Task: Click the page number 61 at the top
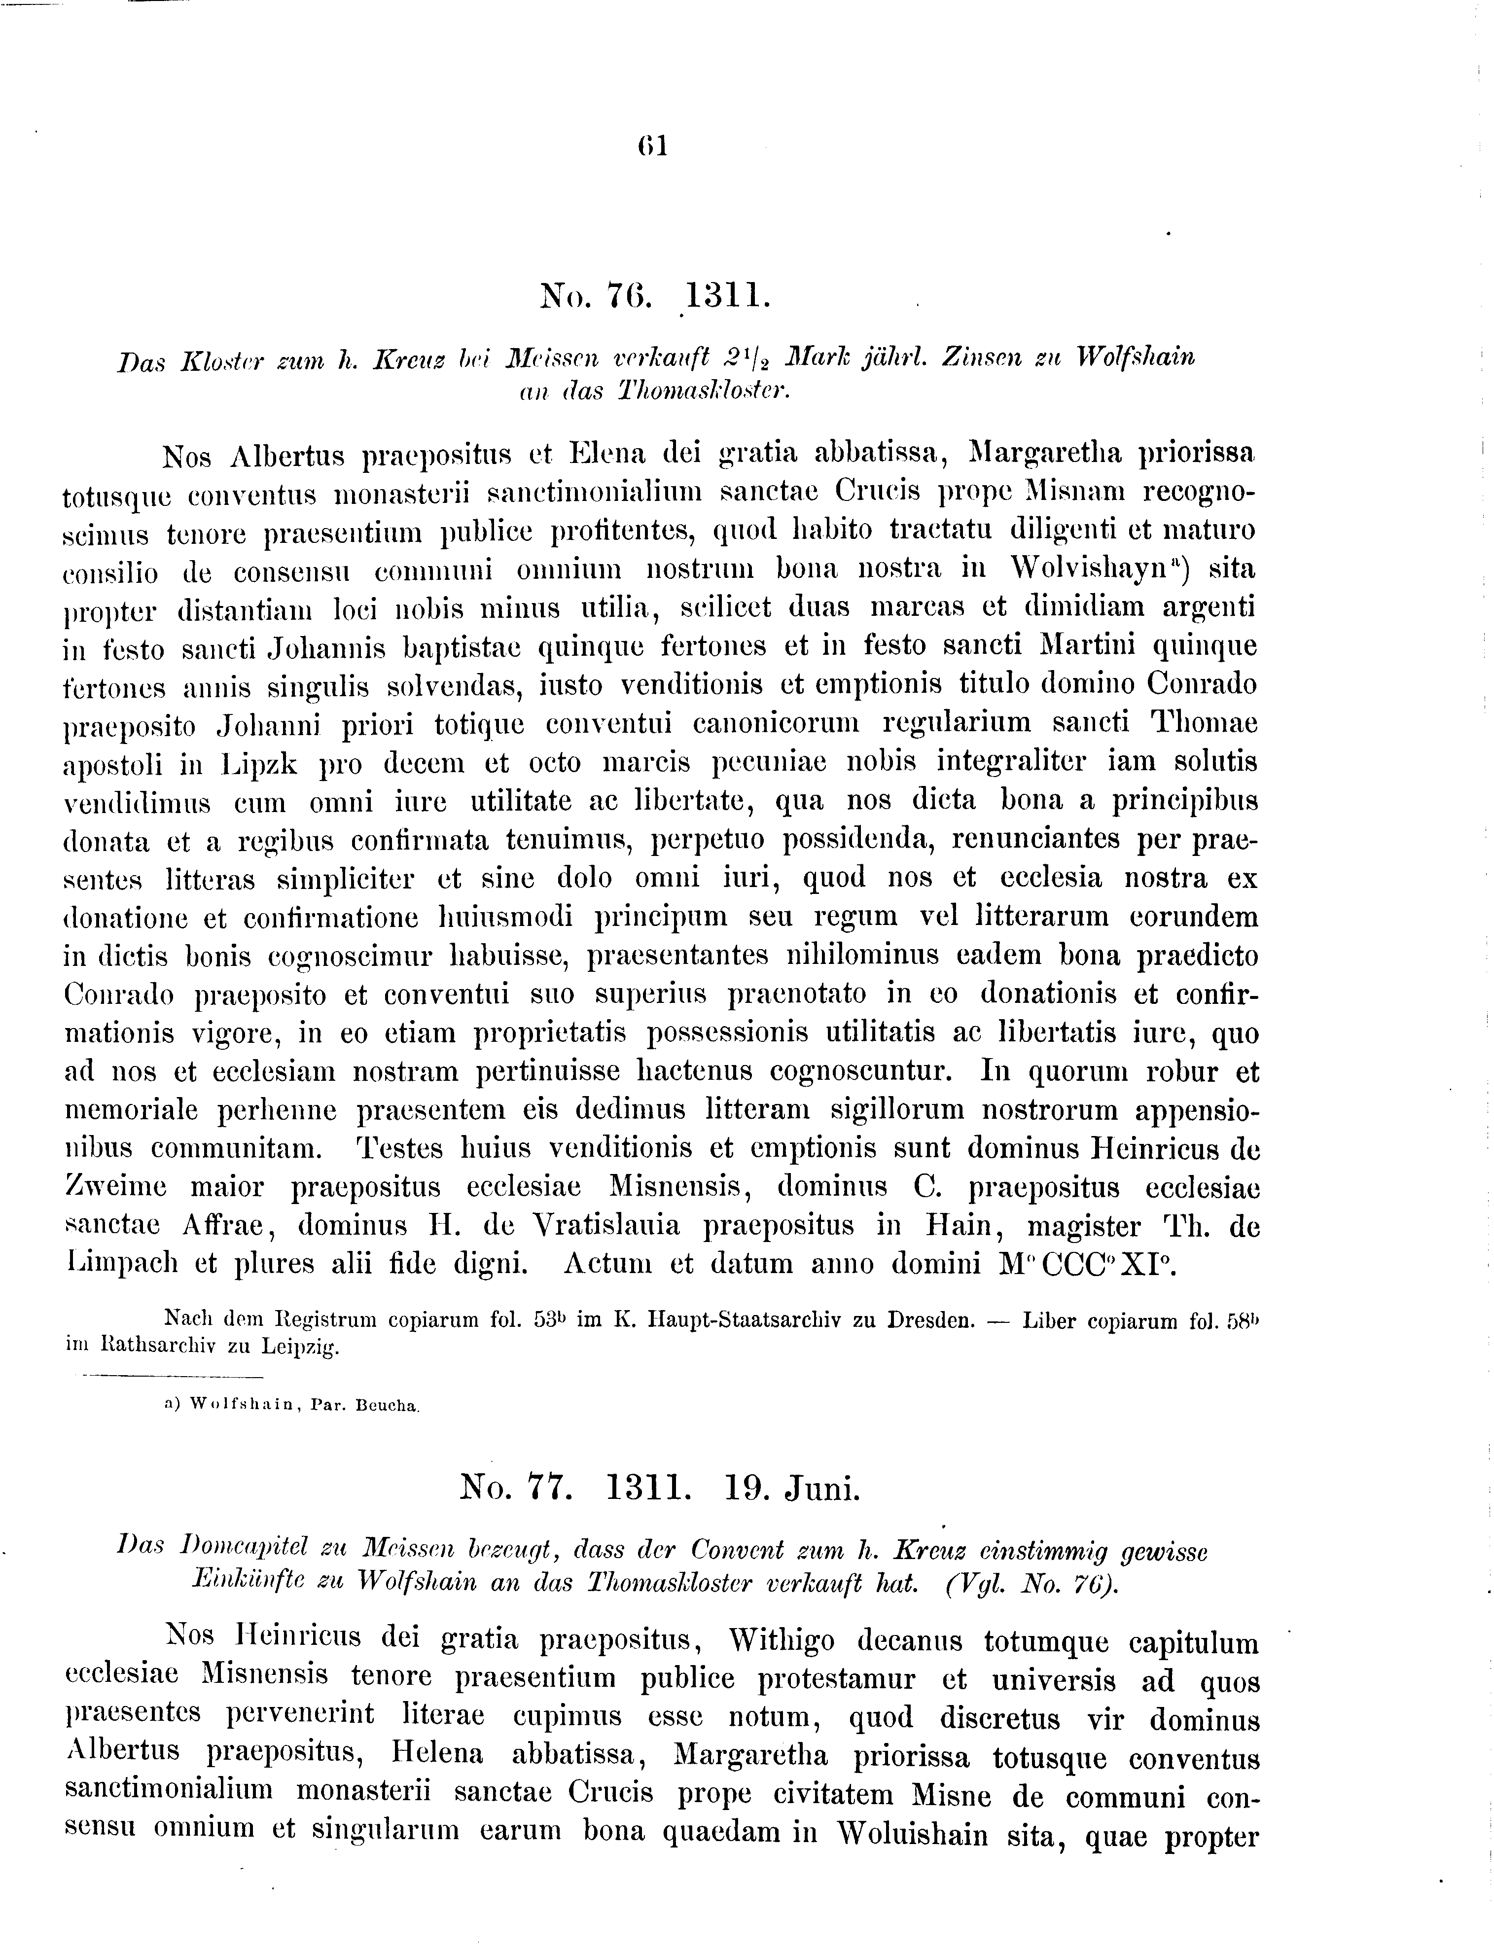(x=652, y=145)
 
